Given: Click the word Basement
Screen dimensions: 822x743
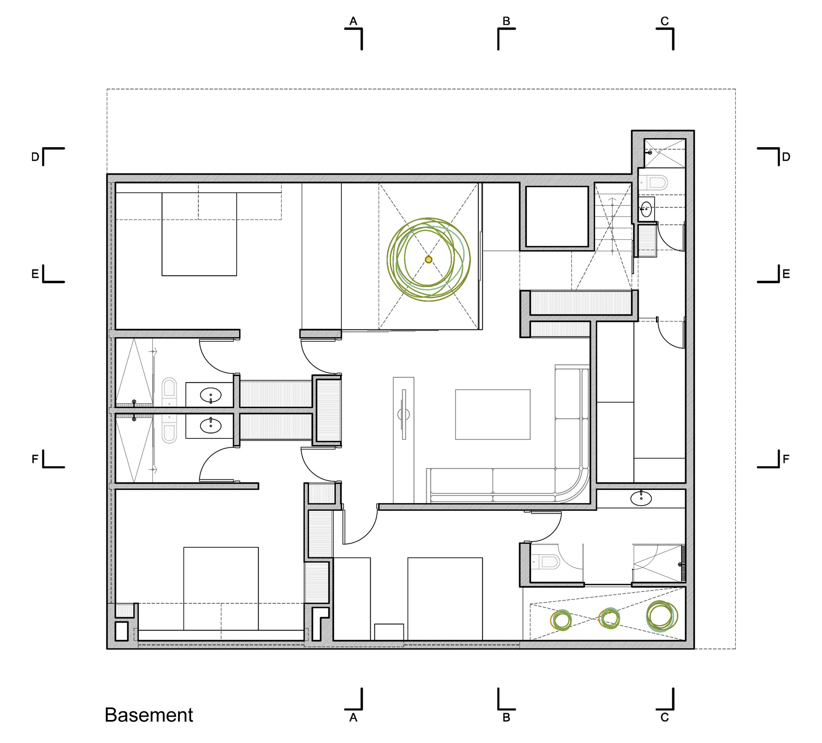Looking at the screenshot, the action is [x=149, y=715].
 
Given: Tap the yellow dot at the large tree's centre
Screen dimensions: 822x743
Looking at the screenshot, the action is [x=429, y=260].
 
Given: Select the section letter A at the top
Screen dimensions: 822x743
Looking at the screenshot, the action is [x=353, y=21].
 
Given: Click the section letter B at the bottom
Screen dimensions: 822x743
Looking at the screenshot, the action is [x=506, y=718].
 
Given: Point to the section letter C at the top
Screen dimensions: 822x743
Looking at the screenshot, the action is [x=665, y=21].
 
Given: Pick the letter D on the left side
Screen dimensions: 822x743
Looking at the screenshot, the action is [x=35, y=157].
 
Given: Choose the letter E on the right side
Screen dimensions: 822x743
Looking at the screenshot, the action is [x=786, y=274].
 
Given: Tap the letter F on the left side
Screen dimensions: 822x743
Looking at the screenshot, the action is [x=35, y=459].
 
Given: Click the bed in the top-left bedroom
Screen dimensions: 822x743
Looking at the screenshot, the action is [x=199, y=234].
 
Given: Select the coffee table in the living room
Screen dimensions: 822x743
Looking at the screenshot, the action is [x=493, y=414].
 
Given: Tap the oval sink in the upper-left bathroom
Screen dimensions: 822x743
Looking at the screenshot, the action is [x=210, y=395].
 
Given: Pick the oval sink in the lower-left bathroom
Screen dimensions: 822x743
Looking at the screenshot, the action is [x=210, y=426].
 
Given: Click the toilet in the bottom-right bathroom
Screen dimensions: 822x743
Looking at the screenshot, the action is [x=545, y=561].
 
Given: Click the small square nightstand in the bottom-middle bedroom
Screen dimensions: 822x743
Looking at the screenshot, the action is [x=389, y=632].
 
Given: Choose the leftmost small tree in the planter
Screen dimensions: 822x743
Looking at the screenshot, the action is [x=561, y=620].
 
